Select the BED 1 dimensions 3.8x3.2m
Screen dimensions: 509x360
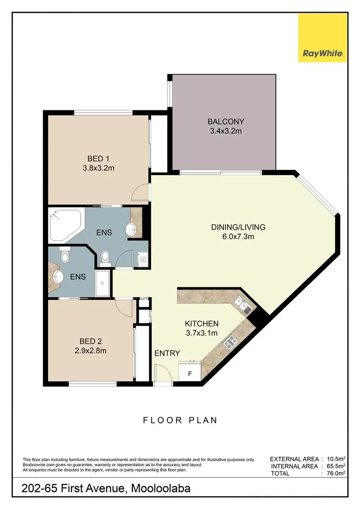[x=101, y=168]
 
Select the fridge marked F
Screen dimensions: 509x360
[x=189, y=372]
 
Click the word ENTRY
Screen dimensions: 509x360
[x=167, y=354]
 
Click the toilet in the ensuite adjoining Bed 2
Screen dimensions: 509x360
[x=65, y=256]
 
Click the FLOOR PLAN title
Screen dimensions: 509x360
[x=180, y=420]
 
